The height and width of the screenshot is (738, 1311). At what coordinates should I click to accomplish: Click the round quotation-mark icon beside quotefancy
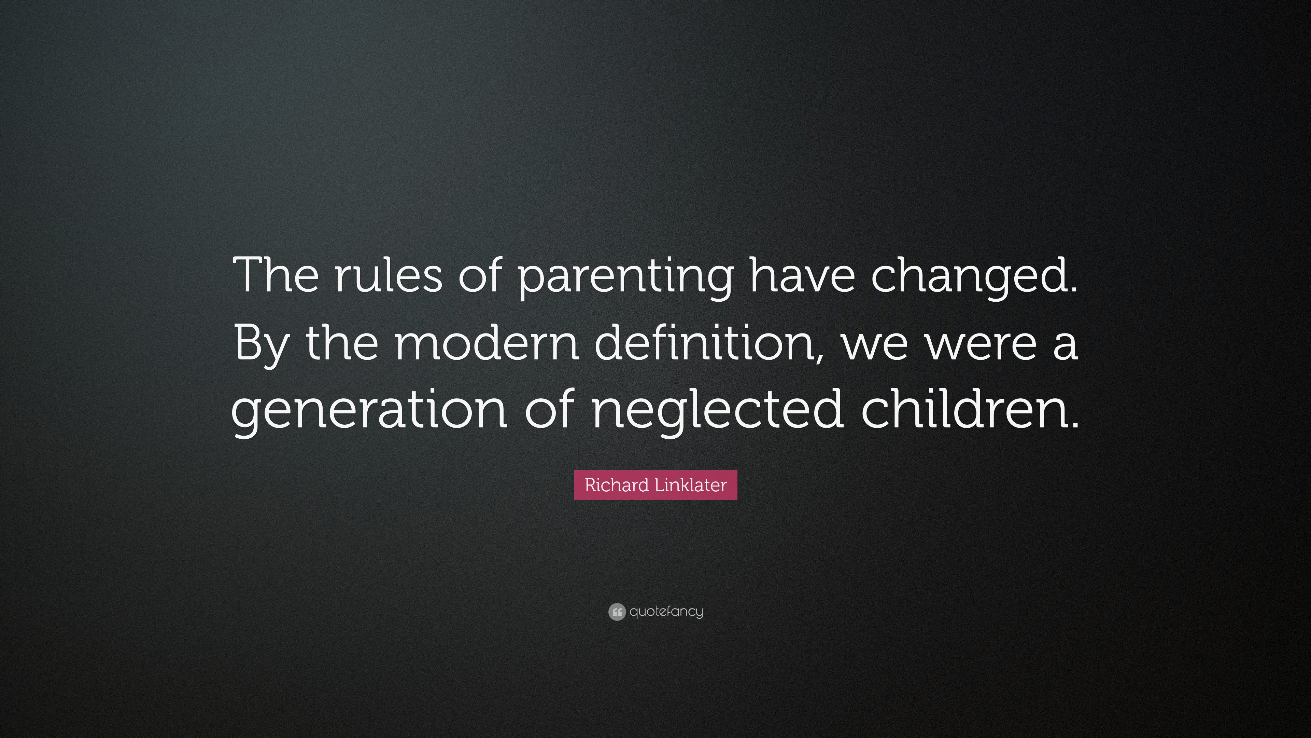(x=617, y=612)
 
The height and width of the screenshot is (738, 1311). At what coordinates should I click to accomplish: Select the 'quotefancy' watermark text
(x=666, y=612)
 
